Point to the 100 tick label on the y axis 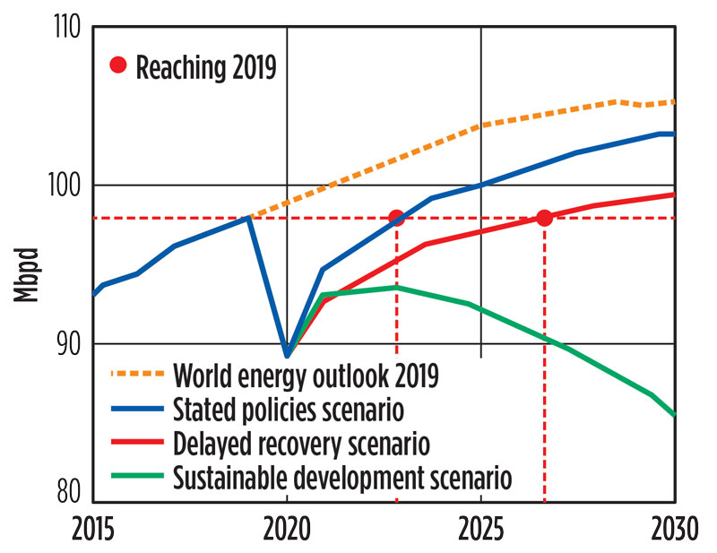(65, 186)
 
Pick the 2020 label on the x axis (287, 528)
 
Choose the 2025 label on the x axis (481, 528)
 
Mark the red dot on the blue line (396, 218)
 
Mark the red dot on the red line (544, 218)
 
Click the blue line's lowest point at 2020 (287, 356)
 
